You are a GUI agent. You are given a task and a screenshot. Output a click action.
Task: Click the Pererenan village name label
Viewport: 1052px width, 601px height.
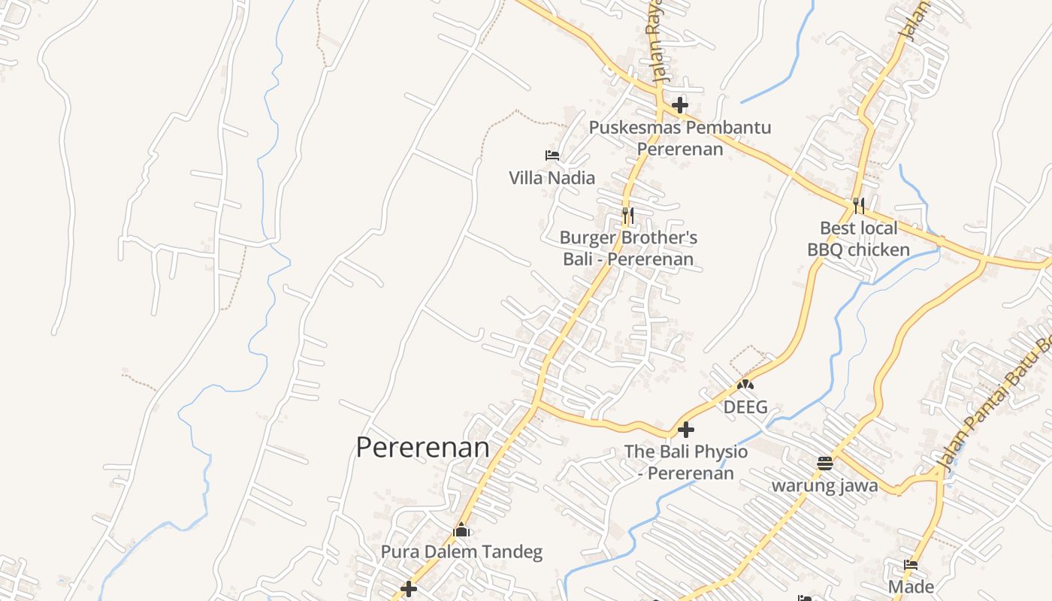click(422, 448)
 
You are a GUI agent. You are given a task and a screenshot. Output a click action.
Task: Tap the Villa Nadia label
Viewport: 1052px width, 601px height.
click(552, 178)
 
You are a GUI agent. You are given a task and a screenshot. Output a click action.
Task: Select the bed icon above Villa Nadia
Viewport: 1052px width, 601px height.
click(552, 156)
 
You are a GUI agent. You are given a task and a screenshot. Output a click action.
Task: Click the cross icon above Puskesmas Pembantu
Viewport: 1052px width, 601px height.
click(680, 104)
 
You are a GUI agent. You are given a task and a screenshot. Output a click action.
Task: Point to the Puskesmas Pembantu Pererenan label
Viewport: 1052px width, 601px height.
click(680, 138)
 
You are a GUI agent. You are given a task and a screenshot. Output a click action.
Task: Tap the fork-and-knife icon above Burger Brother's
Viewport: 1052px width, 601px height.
click(627, 216)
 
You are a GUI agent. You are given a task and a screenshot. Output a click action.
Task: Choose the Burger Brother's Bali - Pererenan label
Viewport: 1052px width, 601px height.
click(628, 249)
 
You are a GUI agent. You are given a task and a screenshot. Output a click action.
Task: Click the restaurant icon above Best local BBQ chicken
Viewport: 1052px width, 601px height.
click(858, 205)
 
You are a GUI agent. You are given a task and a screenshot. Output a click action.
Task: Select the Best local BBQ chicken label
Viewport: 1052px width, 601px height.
click(858, 239)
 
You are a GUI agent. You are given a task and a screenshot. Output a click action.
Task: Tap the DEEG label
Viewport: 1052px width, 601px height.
click(745, 407)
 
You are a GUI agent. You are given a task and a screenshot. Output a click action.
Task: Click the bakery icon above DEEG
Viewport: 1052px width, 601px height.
click(745, 385)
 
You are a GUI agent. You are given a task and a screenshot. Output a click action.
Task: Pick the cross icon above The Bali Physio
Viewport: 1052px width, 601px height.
click(685, 430)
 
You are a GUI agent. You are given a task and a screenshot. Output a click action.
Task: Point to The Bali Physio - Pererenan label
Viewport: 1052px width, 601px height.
click(686, 463)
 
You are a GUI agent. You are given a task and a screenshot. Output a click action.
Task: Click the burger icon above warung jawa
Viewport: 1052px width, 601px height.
click(824, 463)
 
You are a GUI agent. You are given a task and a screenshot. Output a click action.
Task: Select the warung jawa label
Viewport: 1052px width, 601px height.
click(824, 486)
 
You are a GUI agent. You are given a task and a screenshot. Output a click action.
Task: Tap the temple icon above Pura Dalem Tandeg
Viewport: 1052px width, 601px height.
click(461, 530)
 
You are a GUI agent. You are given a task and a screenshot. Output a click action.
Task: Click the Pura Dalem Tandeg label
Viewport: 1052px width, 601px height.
click(461, 552)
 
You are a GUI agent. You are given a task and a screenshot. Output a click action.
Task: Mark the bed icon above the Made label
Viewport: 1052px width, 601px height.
click(911, 565)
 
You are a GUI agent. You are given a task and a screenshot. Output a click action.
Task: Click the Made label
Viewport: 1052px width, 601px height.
click(911, 587)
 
